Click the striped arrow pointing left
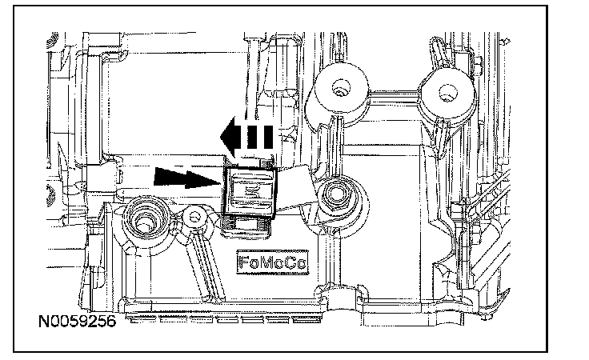point(248,136)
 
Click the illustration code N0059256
point(77,323)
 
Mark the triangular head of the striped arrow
point(230,136)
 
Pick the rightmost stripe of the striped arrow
point(270,137)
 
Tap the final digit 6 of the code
point(110,323)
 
